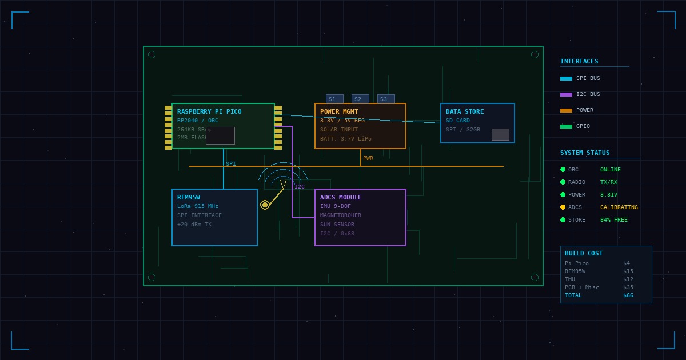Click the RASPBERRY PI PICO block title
pos(209,111)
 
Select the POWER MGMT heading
pos(339,111)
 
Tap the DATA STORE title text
pos(465,111)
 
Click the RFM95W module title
pos(189,197)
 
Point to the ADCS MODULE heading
pos(341,197)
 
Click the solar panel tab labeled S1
pos(334,99)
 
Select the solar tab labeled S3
pos(386,99)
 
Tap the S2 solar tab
pos(360,99)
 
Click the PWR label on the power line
pos(368,158)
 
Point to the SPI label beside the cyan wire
pos(230,164)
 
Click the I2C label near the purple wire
pos(300,187)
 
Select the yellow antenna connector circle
pos(265,205)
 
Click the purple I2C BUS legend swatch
pos(566,94)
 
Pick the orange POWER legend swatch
pos(566,110)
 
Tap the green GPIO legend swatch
pos(566,126)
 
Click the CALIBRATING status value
pos(619,207)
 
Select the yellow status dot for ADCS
pos(563,207)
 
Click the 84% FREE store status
pos(613,220)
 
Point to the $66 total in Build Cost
pos(628,295)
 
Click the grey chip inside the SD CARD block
pos(500,134)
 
